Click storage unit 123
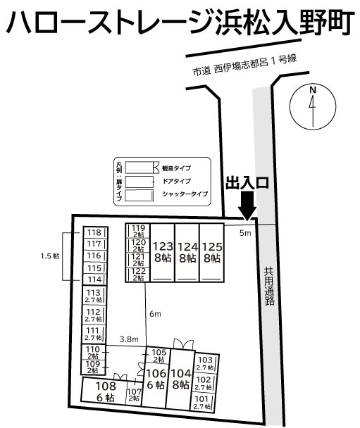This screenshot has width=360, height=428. [162, 252]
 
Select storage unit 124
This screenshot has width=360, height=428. [187, 252]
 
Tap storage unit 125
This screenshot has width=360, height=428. [211, 252]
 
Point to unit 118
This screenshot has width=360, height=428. [94, 233]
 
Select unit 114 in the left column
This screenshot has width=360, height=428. [94, 279]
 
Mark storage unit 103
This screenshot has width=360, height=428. [204, 363]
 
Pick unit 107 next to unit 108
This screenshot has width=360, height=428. [134, 395]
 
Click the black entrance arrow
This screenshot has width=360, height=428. [247, 206]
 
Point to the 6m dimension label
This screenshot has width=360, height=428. [155, 313]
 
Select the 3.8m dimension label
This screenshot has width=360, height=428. [128, 339]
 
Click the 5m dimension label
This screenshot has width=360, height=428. [244, 232]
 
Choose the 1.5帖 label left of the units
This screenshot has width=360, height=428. [49, 256]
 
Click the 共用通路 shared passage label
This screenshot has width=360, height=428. [269, 285]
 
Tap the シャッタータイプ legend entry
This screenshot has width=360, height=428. [185, 193]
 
